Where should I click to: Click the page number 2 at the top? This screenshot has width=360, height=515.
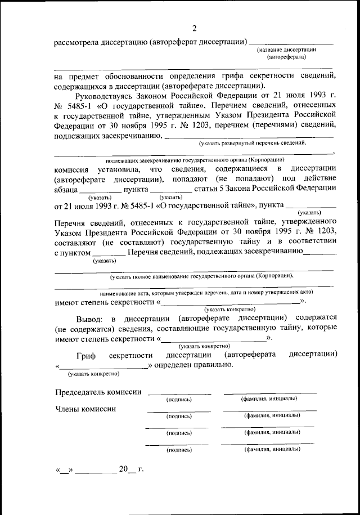[x=195, y=29]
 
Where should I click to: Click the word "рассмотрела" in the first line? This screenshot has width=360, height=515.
[x=77, y=42]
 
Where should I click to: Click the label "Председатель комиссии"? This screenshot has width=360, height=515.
[x=98, y=392]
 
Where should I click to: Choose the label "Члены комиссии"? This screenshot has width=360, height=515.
[x=85, y=409]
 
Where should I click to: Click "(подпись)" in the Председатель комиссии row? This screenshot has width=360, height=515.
[x=179, y=399]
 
